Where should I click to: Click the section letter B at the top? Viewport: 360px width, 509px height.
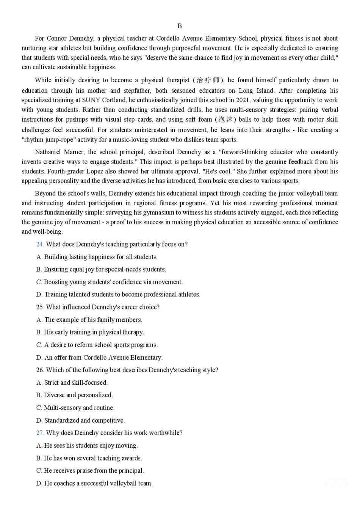click(x=180, y=26)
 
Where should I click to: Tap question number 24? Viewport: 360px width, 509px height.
click(x=40, y=244)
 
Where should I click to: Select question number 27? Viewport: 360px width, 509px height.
click(x=40, y=433)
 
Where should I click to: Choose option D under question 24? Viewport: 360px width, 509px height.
click(x=118, y=295)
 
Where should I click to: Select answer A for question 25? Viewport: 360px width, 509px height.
click(x=89, y=320)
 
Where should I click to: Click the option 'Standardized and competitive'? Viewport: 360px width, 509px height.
click(x=81, y=420)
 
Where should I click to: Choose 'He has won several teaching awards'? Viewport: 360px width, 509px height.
click(x=89, y=458)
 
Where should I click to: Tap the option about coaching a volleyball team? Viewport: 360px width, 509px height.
click(x=94, y=483)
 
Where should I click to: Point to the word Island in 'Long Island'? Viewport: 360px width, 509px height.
click(x=265, y=91)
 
